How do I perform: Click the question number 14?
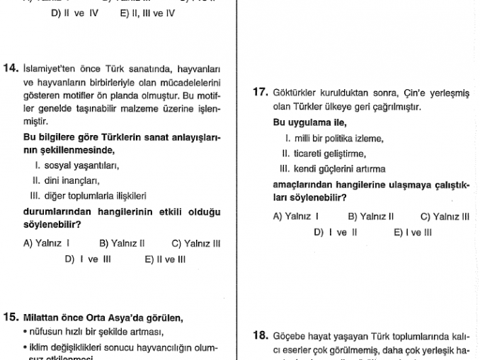[x=11, y=69]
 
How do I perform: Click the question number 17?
[x=261, y=92]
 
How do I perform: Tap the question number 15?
[x=11, y=318]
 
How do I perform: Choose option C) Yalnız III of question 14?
[x=196, y=243]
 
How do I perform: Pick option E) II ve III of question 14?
[x=165, y=259]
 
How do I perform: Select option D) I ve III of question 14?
[x=88, y=259]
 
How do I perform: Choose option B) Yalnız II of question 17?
[x=370, y=217]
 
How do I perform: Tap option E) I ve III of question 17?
[x=412, y=232]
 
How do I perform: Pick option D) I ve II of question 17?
[x=335, y=232]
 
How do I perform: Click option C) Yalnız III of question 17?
[x=445, y=217]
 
